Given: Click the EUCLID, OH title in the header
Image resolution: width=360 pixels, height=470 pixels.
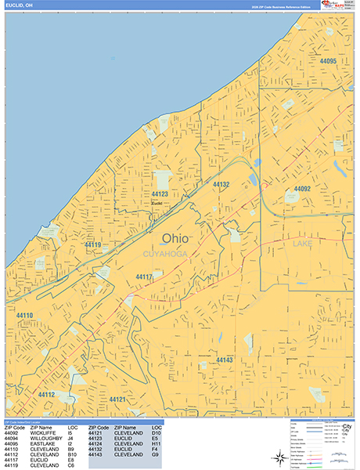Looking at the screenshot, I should point(20,5).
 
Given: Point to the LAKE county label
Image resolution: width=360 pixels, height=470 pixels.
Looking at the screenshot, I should point(302,245).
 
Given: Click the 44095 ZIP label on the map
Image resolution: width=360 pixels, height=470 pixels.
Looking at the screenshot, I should point(328,61).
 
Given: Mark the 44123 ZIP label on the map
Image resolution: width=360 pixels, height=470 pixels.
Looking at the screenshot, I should point(160,193).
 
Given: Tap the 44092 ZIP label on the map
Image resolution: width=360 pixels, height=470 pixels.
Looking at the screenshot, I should point(302,189).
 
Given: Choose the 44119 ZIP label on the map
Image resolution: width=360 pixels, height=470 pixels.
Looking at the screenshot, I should point(93,245).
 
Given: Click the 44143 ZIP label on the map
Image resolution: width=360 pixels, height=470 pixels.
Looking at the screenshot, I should point(225,360).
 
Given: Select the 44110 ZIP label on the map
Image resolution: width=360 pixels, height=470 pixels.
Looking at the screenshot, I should point(24,316).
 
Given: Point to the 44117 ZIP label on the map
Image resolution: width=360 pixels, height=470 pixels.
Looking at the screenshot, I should point(144,277).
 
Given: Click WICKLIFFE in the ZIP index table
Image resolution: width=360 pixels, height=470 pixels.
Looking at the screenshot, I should point(43,432).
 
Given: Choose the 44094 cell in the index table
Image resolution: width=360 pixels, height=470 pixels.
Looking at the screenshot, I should point(12,438).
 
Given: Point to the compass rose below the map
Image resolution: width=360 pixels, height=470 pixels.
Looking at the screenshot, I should point(280,455).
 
